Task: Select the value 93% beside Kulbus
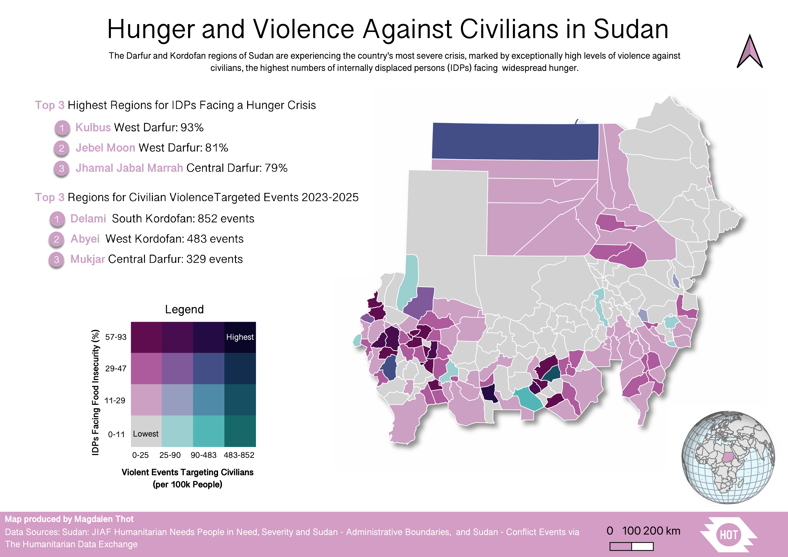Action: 192,127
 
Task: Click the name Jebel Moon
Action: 105,148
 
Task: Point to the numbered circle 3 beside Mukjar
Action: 57,259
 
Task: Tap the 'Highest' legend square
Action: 240,337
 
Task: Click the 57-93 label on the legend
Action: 116,337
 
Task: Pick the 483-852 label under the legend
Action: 239,455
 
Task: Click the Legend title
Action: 184,309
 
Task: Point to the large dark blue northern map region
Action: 515,141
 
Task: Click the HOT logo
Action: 728,535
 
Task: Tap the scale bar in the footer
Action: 631,546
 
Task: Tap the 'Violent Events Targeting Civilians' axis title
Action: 187,472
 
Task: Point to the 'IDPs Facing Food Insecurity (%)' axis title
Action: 95,392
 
